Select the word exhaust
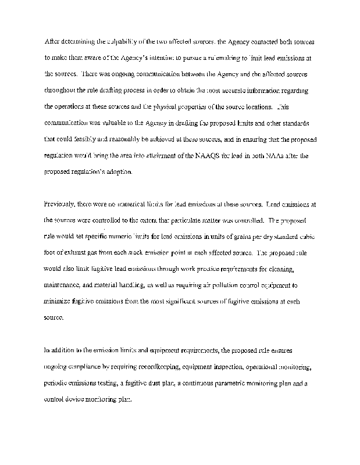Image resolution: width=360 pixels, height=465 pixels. (x=76, y=253)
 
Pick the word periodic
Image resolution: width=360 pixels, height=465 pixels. (x=57, y=384)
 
